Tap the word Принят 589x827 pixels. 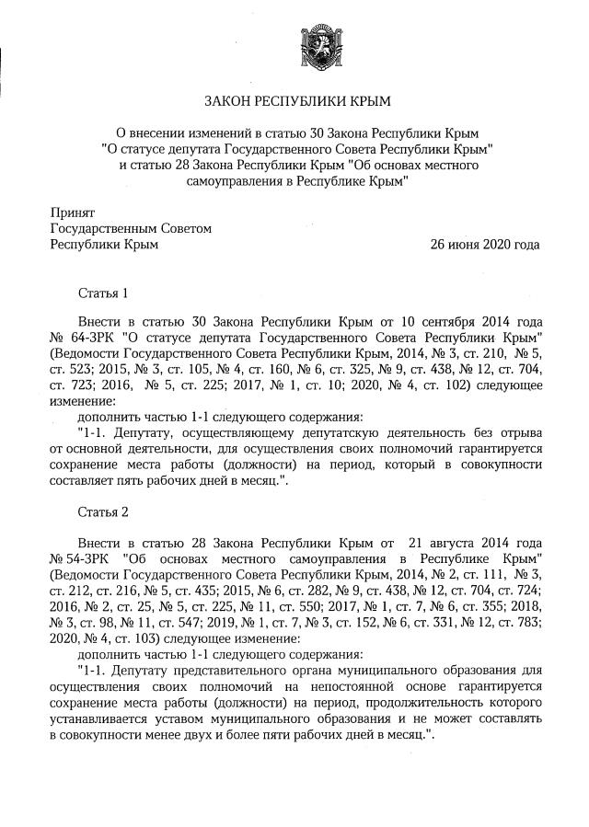click(72, 212)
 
